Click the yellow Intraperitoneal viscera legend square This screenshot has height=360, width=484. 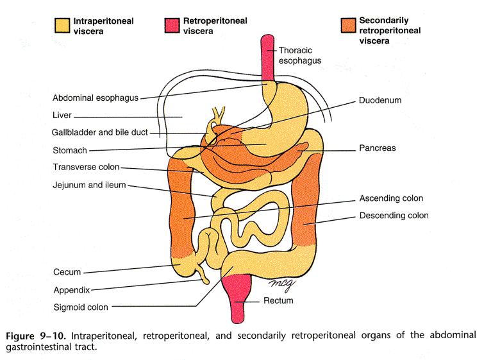pyautogui.click(x=62, y=26)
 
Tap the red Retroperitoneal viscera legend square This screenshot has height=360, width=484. pyautogui.click(x=172, y=25)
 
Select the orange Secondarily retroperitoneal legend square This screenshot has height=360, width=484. pyautogui.click(x=348, y=25)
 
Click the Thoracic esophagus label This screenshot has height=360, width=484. pyautogui.click(x=300, y=55)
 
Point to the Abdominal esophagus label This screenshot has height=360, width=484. pyautogui.click(x=96, y=98)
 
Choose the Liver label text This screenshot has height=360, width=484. pyautogui.click(x=62, y=116)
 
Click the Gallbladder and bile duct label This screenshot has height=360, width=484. pyautogui.click(x=100, y=132)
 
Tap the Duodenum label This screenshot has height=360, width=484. pyautogui.click(x=380, y=100)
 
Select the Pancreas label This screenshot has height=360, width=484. pyautogui.click(x=377, y=148)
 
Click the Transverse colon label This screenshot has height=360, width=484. pyautogui.click(x=86, y=167)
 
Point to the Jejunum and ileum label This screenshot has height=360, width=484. pyautogui.click(x=89, y=185)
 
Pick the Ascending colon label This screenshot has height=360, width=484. pyautogui.click(x=391, y=198)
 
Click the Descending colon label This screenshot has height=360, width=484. pyautogui.click(x=394, y=216)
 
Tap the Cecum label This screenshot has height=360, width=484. pyautogui.click(x=67, y=272)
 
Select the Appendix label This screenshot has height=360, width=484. pyautogui.click(x=72, y=290)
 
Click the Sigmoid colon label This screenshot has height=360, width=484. pyautogui.click(x=81, y=307)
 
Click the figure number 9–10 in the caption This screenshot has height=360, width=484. pyautogui.click(x=53, y=336)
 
